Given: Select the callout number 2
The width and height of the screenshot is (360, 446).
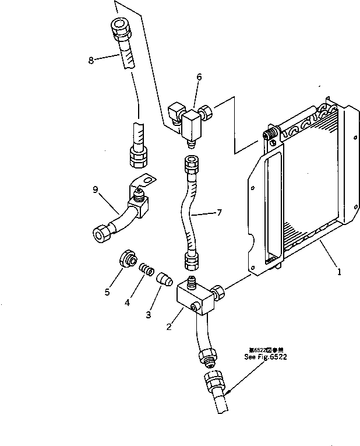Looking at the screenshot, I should pos(169,326).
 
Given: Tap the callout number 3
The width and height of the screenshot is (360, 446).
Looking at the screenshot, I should pos(148,314).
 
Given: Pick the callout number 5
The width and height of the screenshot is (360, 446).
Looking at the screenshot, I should pos(107,292).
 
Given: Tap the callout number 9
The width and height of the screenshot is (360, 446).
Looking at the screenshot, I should pos(95,188).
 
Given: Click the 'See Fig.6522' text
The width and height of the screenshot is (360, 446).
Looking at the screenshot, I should pos(267,356).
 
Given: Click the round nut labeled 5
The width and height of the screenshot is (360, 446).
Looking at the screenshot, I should pos(128,259).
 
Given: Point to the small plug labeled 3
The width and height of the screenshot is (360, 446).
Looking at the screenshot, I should pos(165,281).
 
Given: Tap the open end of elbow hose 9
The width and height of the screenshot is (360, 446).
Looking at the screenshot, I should pos(98,234).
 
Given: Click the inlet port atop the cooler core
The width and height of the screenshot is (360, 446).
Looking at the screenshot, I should pos(269,136).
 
